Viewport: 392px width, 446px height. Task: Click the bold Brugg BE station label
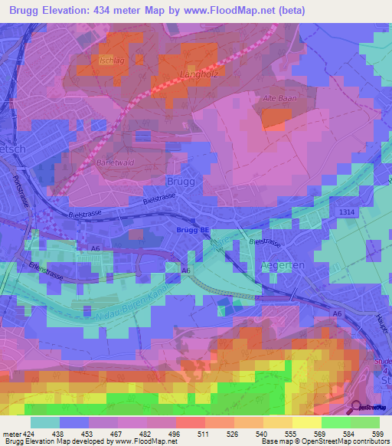point(192,229)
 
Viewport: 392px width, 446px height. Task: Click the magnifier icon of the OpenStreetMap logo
point(358,407)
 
